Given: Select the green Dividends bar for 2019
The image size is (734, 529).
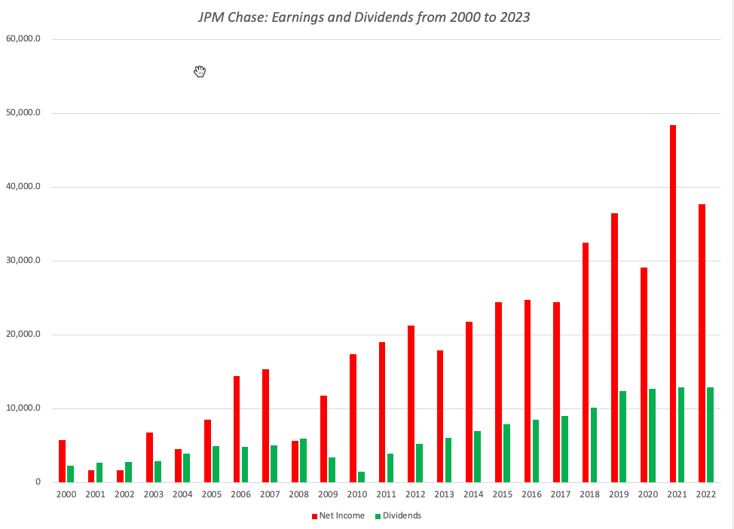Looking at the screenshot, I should click(622, 437).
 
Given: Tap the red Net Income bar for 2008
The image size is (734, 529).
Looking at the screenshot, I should click(295, 462).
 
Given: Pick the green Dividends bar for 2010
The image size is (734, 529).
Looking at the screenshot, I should click(361, 477).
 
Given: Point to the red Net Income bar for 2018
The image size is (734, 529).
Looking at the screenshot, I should click(586, 362).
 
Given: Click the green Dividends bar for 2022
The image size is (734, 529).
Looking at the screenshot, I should click(710, 435).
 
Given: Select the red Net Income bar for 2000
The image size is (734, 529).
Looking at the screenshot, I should click(62, 461).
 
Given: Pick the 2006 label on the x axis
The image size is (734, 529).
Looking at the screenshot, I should click(240, 494).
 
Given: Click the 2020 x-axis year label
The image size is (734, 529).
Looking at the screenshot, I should click(647, 494).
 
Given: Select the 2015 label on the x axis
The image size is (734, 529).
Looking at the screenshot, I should click(502, 494).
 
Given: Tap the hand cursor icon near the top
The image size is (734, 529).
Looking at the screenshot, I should click(200, 72).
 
